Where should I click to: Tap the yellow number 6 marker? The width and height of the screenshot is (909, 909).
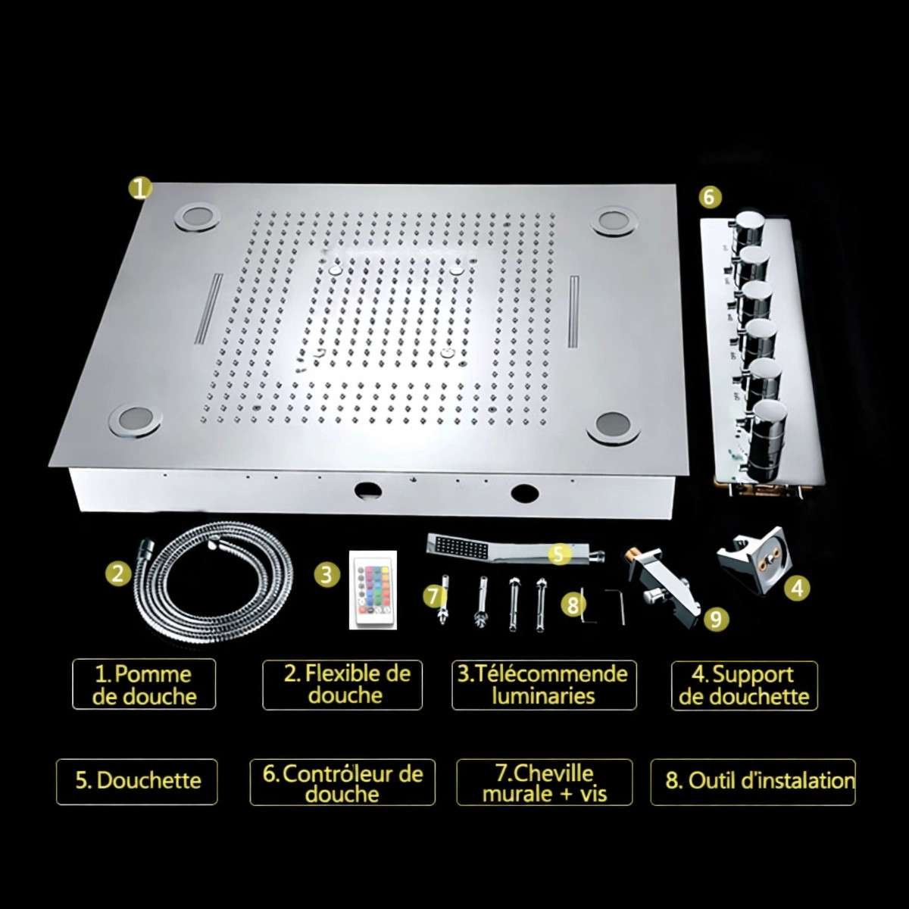pos(708,197)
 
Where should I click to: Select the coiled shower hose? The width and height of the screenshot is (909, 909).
pos(212,583)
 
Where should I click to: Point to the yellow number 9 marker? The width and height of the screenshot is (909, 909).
pos(716,619)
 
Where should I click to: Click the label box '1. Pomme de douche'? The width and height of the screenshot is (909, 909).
pos(144,684)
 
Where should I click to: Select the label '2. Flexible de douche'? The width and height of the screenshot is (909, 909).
pos(342,684)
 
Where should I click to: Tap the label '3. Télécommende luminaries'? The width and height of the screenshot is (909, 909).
pos(544,684)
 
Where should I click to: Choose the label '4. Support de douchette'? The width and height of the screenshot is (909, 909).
pos(745,686)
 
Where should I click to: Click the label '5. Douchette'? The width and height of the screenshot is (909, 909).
pos(137,781)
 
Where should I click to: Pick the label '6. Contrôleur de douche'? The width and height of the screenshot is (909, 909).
pos(342,782)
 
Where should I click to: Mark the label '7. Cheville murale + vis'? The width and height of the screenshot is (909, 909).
pos(544,782)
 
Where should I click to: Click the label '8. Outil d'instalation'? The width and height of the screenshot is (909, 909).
pos(753,781)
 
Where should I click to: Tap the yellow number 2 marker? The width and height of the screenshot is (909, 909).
pos(117,573)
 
